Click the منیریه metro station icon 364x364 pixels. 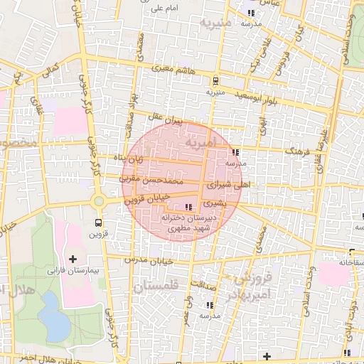pos(215,80)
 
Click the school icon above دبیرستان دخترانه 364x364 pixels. pos(188,207)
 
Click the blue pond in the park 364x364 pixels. pos(53,316)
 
